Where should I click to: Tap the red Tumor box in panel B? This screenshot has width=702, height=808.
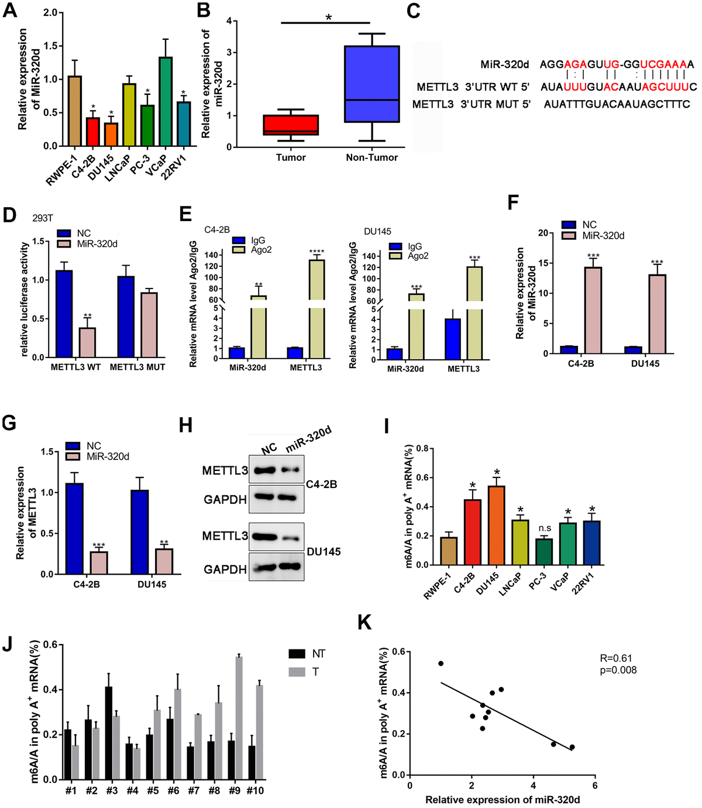291,125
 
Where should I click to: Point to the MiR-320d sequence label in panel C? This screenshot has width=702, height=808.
504,64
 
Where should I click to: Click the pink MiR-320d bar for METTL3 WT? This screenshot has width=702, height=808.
87,342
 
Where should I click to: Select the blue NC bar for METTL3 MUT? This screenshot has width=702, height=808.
126,317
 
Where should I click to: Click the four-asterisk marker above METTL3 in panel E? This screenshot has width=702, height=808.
316,252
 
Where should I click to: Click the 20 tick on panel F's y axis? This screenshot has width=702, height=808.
543,233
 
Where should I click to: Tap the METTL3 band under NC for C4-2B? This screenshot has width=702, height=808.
268,470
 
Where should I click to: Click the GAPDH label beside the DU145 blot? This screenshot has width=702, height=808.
225,569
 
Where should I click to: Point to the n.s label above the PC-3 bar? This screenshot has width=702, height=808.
545,528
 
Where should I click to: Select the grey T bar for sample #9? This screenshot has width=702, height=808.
239,718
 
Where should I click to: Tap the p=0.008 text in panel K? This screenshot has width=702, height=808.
618,670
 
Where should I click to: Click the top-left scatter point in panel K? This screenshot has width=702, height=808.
441,663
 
